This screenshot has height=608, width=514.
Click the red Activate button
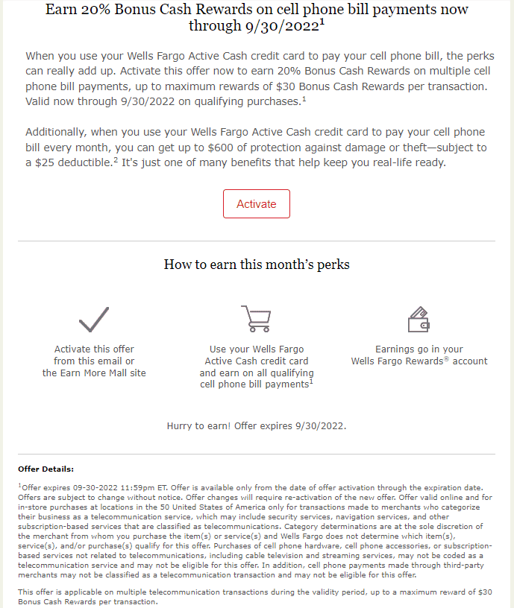pyautogui.click(x=256, y=204)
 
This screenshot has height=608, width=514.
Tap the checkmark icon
pyautogui.click(x=94, y=319)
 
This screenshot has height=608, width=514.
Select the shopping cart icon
pyautogui.click(x=256, y=318)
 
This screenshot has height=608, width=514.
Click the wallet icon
pyautogui.click(x=419, y=319)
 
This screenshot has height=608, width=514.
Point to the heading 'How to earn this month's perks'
pyautogui.click(x=257, y=265)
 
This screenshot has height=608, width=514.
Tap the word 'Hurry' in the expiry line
pyautogui.click(x=182, y=426)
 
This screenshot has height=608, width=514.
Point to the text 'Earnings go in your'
pyautogui.click(x=419, y=349)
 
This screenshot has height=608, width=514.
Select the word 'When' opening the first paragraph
pyautogui.click(x=41, y=56)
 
